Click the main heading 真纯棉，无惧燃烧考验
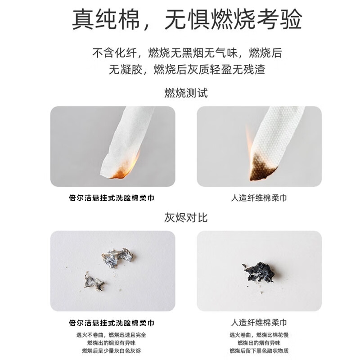pyautogui.click(x=187, y=20)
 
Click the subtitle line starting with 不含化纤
pyautogui.click(x=187, y=53)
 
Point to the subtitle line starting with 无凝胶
pyautogui.click(x=187, y=70)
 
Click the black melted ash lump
pyautogui.click(x=259, y=272)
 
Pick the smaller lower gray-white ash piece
pyautogui.click(x=94, y=282)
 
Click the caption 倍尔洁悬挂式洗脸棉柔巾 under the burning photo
pyautogui.click(x=112, y=198)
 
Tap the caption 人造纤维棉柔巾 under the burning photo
pyautogui.click(x=259, y=198)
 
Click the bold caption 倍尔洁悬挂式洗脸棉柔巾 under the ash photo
pyautogui.click(x=112, y=323)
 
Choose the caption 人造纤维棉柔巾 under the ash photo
pyautogui.click(x=259, y=323)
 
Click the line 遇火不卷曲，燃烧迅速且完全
pyautogui.click(x=112, y=335)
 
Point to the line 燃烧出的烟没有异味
pyautogui.click(x=112, y=343)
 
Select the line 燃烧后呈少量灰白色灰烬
pyautogui.click(x=112, y=351)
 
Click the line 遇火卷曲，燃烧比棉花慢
pyautogui.click(x=259, y=335)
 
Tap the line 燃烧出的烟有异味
pyautogui.click(x=259, y=343)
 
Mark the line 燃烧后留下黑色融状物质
pyautogui.click(x=259, y=351)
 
